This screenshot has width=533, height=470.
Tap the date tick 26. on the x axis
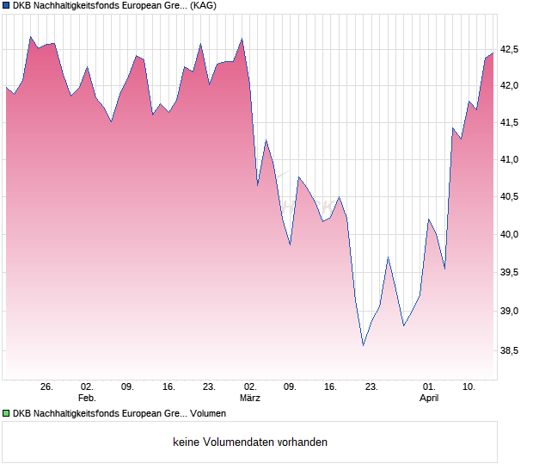point(46,387)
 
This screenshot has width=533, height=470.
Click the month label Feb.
point(86,399)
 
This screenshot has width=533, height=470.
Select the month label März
point(250,399)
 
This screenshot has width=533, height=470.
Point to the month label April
point(429,399)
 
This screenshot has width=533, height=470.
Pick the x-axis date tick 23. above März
point(371,387)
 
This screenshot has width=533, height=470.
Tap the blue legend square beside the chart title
point(6,6)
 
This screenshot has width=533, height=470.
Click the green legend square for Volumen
point(6,414)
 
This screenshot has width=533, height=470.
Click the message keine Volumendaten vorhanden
point(250,442)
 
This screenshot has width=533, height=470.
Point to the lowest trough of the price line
point(363,345)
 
